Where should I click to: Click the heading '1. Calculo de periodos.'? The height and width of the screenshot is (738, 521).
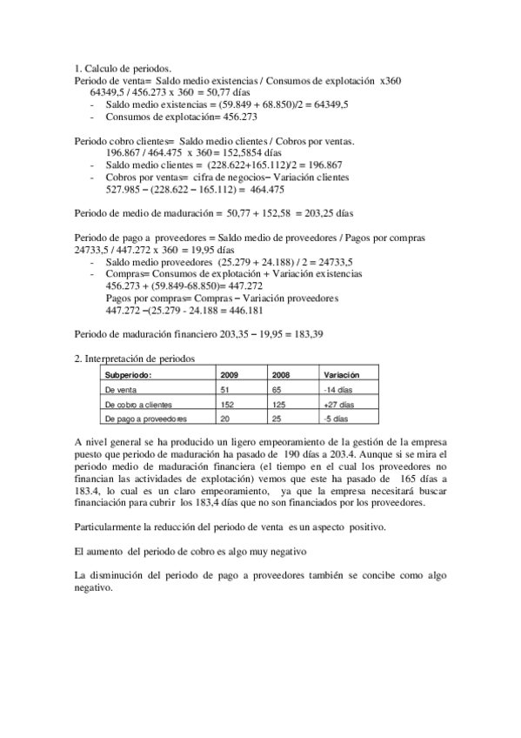tap(123, 68)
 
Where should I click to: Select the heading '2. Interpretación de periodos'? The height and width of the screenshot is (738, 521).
tap(135, 358)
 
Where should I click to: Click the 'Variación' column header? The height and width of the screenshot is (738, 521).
tap(341, 374)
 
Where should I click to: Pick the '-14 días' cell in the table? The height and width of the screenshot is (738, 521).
tap(337, 390)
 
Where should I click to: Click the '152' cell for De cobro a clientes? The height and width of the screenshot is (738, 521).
tap(228, 405)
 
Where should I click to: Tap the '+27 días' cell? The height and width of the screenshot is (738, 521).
tap(338, 405)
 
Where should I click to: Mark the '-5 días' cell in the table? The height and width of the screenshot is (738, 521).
tap(336, 419)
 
